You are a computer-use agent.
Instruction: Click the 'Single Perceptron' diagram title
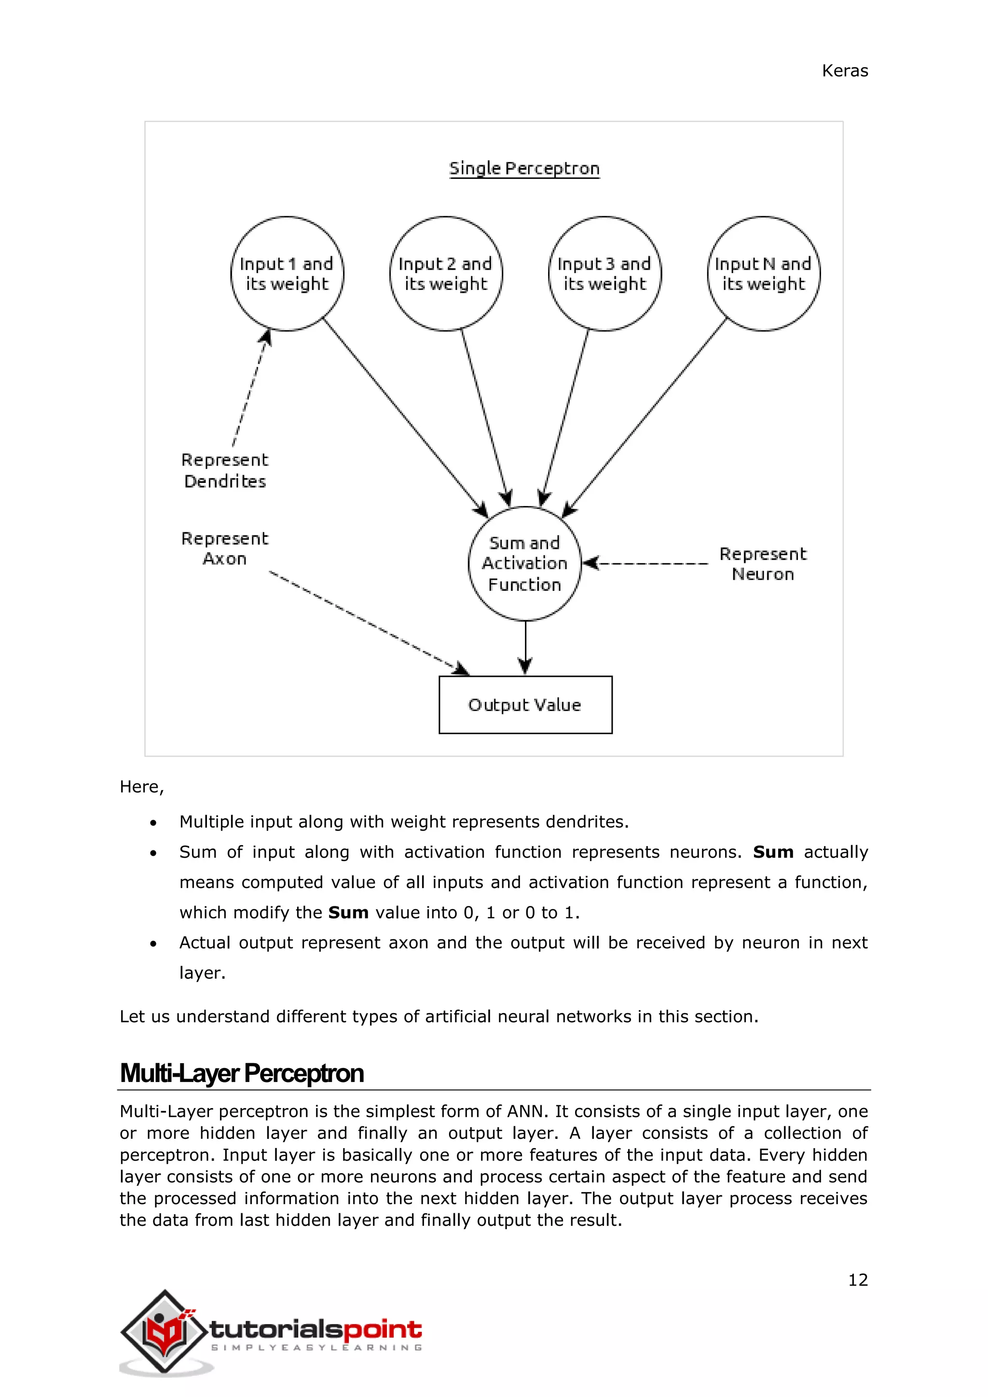524,168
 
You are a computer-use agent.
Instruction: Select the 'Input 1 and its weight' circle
287,274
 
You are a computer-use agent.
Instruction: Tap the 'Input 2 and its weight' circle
445,274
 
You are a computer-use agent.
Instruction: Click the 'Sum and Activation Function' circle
524,563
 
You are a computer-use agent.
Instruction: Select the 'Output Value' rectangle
525,705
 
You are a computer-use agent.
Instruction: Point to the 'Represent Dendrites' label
224,470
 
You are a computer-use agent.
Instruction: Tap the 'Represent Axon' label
224,548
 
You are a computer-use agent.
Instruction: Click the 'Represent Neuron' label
762,563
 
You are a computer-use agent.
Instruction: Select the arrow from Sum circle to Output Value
526,647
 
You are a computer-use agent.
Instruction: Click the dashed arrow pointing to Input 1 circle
250,389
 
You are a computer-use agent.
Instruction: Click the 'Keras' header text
844,71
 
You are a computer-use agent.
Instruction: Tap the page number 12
858,1280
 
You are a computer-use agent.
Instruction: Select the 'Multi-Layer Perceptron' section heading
242,1073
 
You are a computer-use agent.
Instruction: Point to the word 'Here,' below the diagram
142,787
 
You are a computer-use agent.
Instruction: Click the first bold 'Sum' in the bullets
773,852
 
